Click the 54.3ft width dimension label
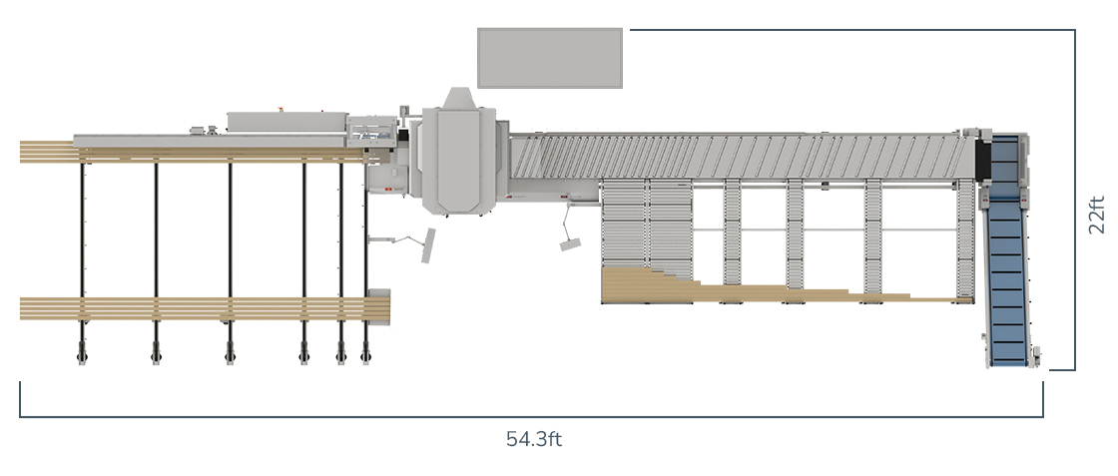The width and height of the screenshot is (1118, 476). [534, 439]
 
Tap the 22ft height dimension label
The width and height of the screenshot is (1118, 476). [1097, 215]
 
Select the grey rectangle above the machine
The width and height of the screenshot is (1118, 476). [550, 59]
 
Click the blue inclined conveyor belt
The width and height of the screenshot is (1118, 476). [1007, 249]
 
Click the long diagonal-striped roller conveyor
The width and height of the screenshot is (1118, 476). [742, 157]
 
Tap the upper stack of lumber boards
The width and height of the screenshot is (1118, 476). [193, 152]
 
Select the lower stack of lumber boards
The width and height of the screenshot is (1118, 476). [205, 308]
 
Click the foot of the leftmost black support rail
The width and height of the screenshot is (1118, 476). [82, 353]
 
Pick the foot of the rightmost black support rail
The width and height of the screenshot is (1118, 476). [365, 353]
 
